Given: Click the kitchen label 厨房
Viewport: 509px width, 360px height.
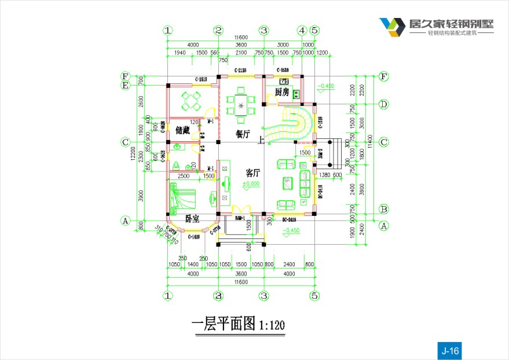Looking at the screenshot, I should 281,93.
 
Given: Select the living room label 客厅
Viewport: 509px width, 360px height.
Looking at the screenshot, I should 252,173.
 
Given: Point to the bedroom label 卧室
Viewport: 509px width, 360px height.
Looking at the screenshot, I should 192,219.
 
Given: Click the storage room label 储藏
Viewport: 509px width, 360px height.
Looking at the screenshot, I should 182,131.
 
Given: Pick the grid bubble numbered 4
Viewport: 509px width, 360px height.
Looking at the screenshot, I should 302,30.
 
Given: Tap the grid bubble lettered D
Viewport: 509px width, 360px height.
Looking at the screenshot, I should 383,104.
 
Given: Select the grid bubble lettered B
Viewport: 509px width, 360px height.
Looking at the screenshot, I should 383,209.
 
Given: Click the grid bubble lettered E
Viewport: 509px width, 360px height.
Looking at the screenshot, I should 124,85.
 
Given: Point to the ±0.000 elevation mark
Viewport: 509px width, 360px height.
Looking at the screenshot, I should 251,184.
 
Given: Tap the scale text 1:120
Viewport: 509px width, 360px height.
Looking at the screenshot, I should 272,325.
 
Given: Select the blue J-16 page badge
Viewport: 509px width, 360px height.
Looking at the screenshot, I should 450,350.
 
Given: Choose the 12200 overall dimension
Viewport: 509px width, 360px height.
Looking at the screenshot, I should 133,153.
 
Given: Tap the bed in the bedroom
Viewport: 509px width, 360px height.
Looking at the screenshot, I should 184,196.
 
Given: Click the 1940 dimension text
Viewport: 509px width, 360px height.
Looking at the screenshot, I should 180,53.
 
